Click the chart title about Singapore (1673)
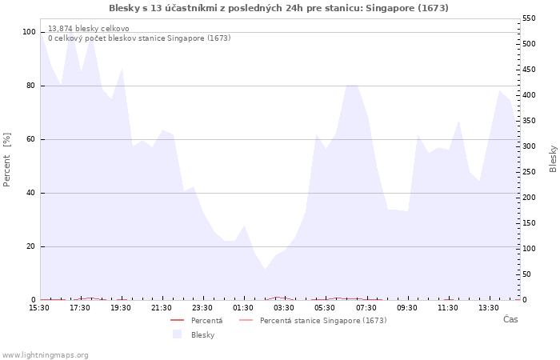pos(278,8)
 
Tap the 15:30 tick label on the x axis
pos(39,308)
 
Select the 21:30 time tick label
pos(162,308)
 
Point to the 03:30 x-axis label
pos(284,308)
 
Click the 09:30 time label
pos(406,308)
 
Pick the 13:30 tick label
pos(488,308)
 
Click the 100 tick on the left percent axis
pos(29,32)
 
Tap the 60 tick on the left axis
pos(30,139)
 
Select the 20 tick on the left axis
pos(30,246)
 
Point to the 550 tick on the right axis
pos(529,18)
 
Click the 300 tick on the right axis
pos(529,146)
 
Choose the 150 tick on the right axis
pos(529,223)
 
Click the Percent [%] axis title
pos(7,159)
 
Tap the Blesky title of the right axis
pos(553,158)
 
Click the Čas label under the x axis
pos(510,320)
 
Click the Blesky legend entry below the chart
pos(202,334)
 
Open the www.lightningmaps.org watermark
pos(46,354)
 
